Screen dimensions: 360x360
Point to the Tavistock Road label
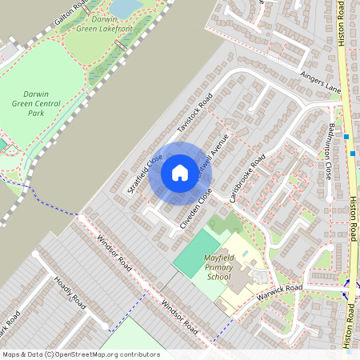(x=196, y=117)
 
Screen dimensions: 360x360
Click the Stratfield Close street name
(x=145, y=174)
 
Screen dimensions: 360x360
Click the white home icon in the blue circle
(x=180, y=172)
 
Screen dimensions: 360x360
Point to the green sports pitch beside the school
(x=196, y=253)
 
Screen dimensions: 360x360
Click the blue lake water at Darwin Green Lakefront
(x=124, y=7)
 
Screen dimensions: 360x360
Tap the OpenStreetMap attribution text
(x=81, y=354)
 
